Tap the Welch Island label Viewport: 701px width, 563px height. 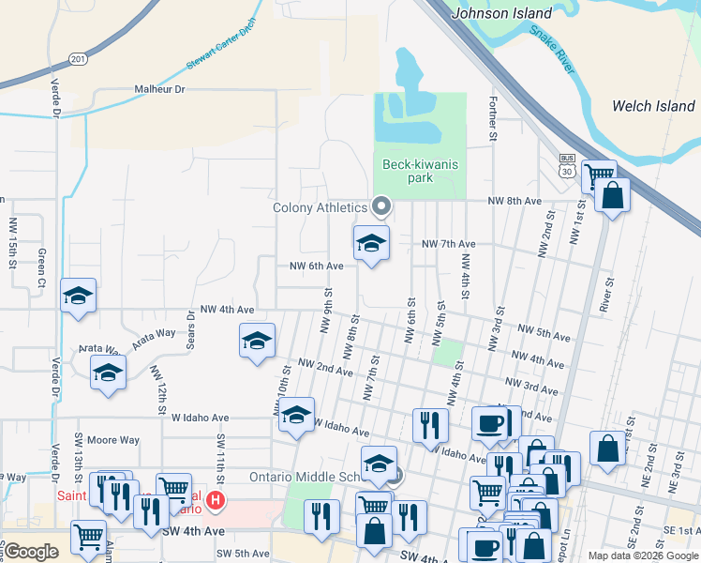click(653, 106)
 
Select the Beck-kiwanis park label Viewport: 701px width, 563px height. click(421, 171)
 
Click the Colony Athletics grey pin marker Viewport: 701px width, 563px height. click(381, 205)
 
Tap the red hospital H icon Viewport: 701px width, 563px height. click(216, 501)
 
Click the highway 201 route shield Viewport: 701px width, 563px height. click(78, 59)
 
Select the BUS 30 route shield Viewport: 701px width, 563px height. click(566, 166)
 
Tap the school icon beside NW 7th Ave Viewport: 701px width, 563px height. click(371, 243)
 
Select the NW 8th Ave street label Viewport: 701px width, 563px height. click(515, 201)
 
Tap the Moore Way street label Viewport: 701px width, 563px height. click(113, 439)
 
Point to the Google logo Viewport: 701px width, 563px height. click(31, 552)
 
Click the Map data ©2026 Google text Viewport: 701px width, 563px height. click(642, 555)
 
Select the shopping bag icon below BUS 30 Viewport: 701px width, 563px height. click(612, 196)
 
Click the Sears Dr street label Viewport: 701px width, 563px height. click(191, 328)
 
